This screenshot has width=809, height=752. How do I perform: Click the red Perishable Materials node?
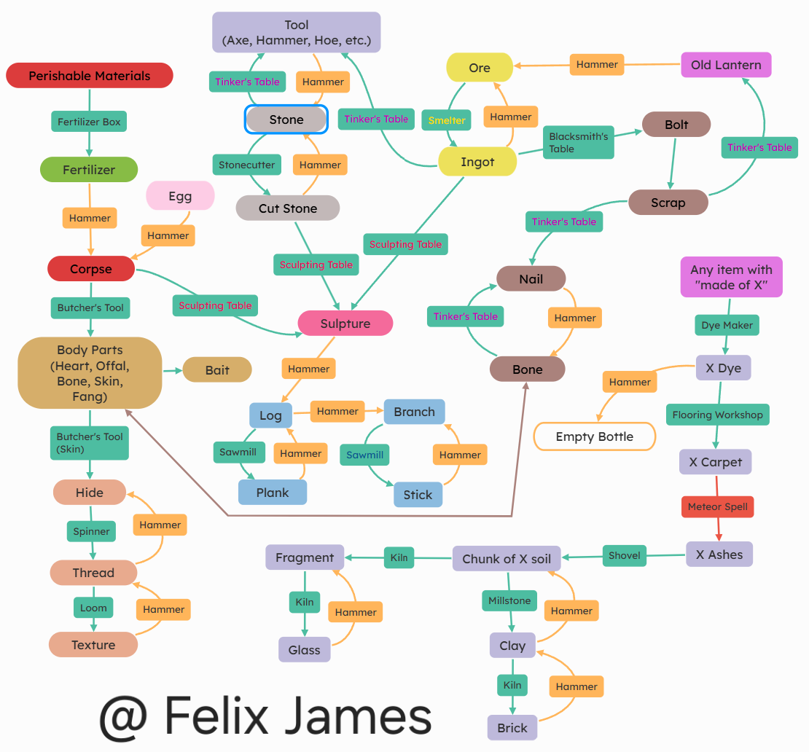pos(89,76)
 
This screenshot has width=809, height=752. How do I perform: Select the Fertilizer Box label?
pos(89,122)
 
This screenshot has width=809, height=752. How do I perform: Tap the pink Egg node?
pos(180,196)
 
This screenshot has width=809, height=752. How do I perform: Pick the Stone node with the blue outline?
pos(286,120)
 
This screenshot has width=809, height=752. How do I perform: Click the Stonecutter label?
pos(247,165)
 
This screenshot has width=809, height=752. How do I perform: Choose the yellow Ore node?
pos(480,68)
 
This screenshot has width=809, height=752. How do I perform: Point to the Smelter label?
pos(447,120)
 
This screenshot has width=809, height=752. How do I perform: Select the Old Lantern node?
pos(726,65)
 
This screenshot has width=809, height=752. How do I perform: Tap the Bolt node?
pos(676,125)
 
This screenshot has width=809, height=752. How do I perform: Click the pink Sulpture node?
pos(345,324)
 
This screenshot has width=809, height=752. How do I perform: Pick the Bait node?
pos(217,370)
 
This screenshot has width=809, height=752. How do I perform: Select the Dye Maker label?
pos(727,325)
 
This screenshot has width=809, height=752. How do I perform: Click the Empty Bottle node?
pos(595,436)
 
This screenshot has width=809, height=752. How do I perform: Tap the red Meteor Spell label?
pos(718,506)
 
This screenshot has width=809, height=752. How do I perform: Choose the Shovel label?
pos(625,555)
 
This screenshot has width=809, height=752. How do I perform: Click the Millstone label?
pos(509,600)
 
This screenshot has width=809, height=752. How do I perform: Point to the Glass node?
pos(305,650)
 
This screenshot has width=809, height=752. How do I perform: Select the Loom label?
pos(93,608)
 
